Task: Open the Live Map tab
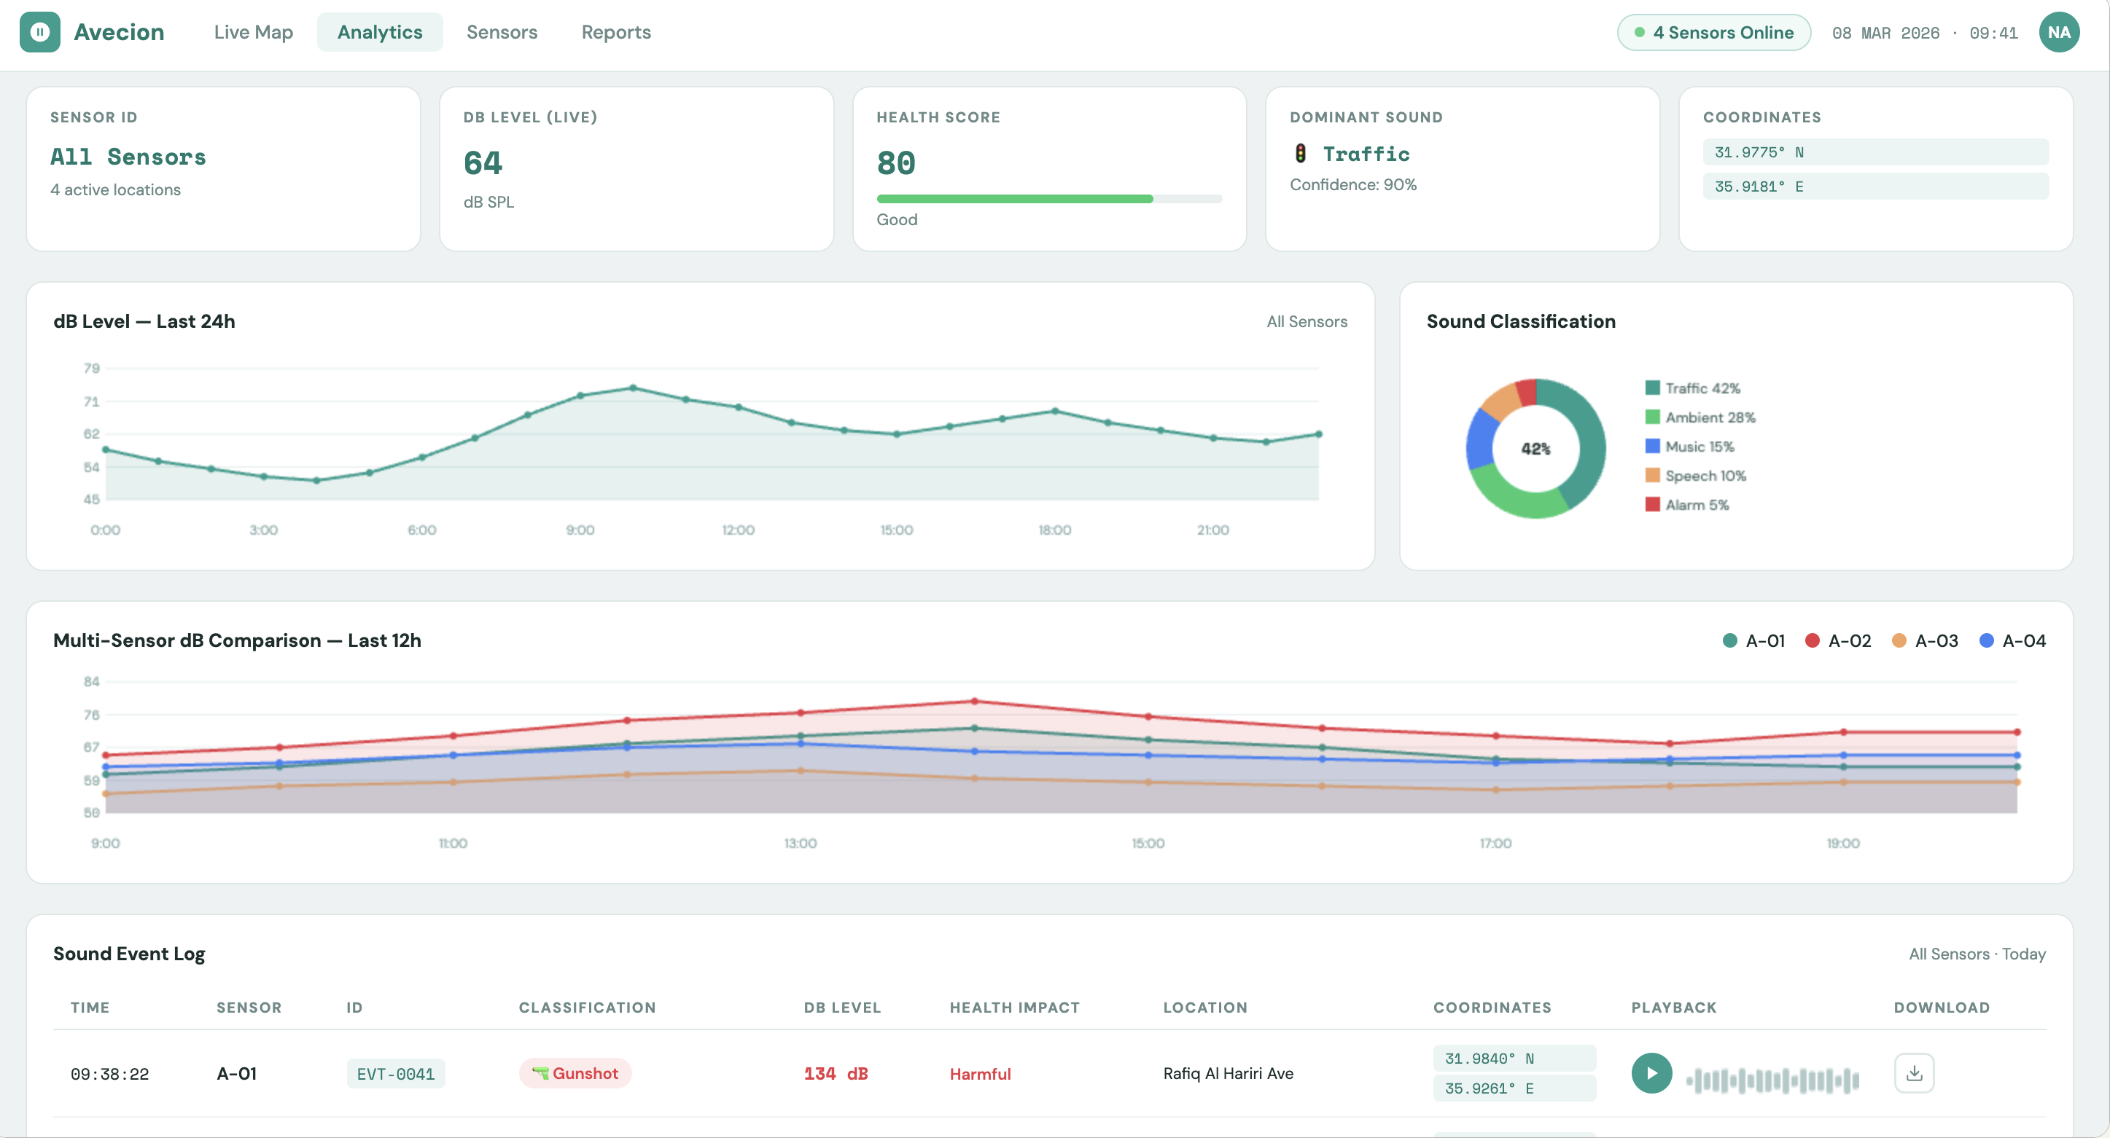[x=253, y=32]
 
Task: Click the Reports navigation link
[x=616, y=32]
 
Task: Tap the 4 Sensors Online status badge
[x=1713, y=33]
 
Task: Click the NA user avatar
[x=2058, y=33]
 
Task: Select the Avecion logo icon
[x=40, y=32]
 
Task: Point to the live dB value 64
[x=483, y=163]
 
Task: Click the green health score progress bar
[x=1014, y=199]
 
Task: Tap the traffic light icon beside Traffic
[x=1300, y=153]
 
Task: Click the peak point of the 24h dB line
[x=633, y=388]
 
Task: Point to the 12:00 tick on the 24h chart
[x=738, y=530]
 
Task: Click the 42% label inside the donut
[x=1535, y=449]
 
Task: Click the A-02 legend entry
[x=1838, y=641]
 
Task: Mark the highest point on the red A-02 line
[x=974, y=702]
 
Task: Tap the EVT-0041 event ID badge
[x=396, y=1074]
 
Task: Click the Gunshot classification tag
[x=575, y=1073]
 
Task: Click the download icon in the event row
[x=1913, y=1073]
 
